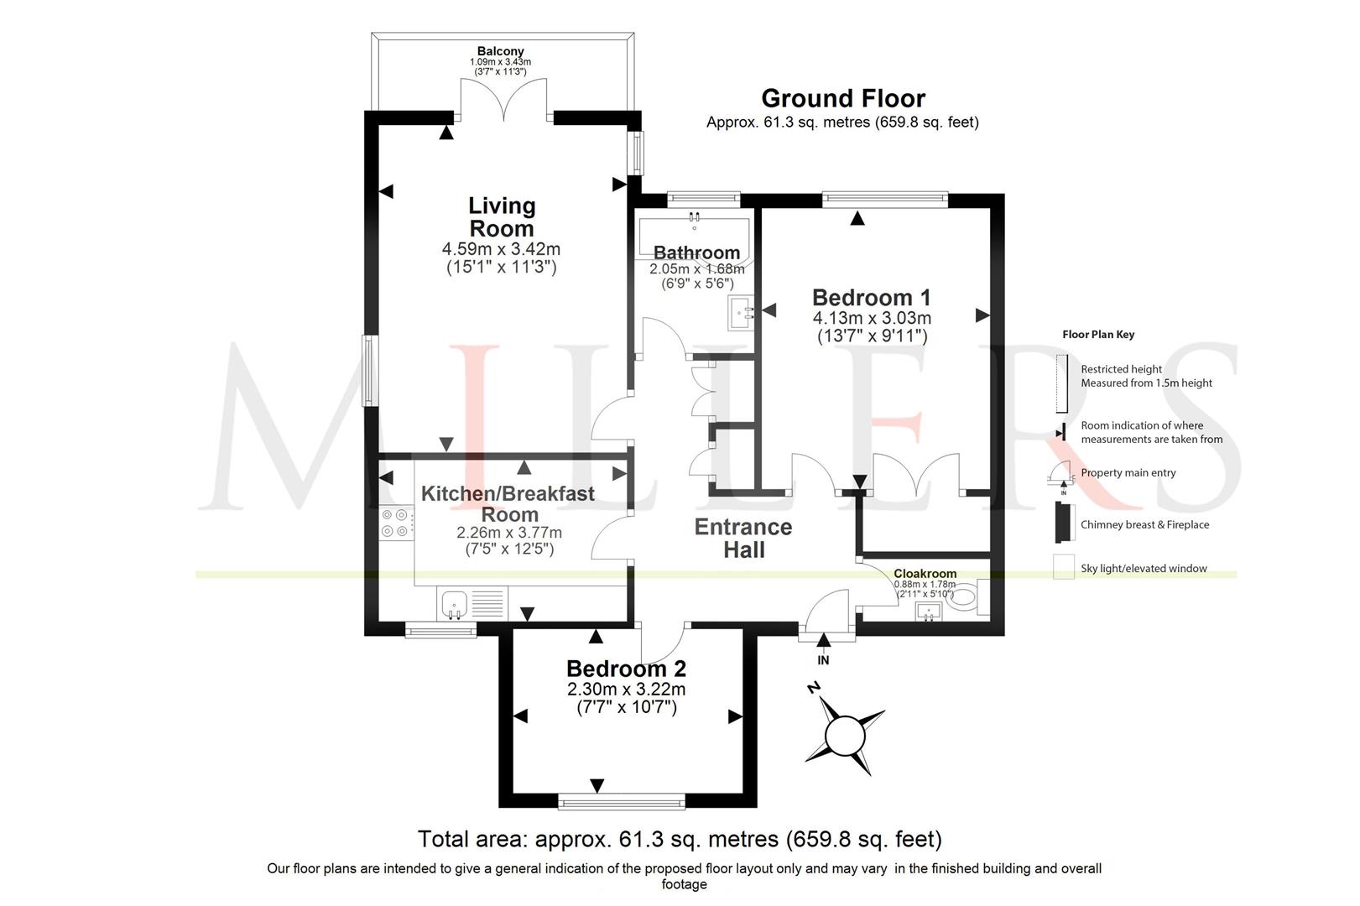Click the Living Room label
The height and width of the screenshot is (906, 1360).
502,216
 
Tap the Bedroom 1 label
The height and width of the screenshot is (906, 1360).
871,298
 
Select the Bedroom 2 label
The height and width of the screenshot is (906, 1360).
626,669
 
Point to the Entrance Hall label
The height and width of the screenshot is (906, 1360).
743,538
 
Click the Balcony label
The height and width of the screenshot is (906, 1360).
500,51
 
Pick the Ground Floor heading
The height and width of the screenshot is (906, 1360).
843,98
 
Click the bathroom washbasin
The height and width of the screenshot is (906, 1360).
741,313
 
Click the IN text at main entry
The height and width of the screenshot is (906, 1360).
823,661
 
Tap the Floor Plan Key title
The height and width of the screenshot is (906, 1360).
1098,335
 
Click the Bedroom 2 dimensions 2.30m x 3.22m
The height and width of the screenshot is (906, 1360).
626,690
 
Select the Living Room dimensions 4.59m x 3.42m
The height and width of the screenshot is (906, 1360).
501,249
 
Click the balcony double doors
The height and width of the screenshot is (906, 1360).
504,100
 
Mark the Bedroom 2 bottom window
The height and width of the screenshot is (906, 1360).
622,803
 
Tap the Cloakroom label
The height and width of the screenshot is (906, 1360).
925,573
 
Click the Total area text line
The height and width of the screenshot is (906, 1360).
680,839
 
